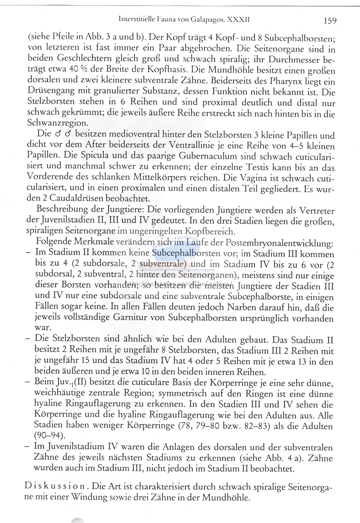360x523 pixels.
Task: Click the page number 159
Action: (x=330, y=21)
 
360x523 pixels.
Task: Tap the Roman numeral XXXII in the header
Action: (x=238, y=20)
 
